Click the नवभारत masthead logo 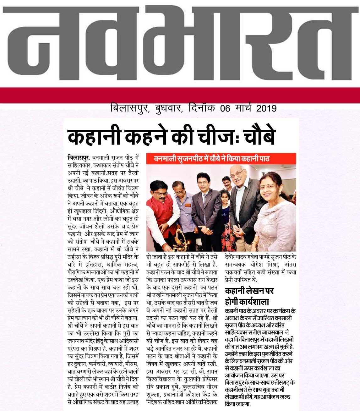point(180,44)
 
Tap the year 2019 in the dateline point(266,108)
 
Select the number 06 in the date point(225,108)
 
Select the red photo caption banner point(221,158)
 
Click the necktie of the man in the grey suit point(205,201)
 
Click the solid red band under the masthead point(180,95)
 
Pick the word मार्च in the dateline point(243,108)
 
